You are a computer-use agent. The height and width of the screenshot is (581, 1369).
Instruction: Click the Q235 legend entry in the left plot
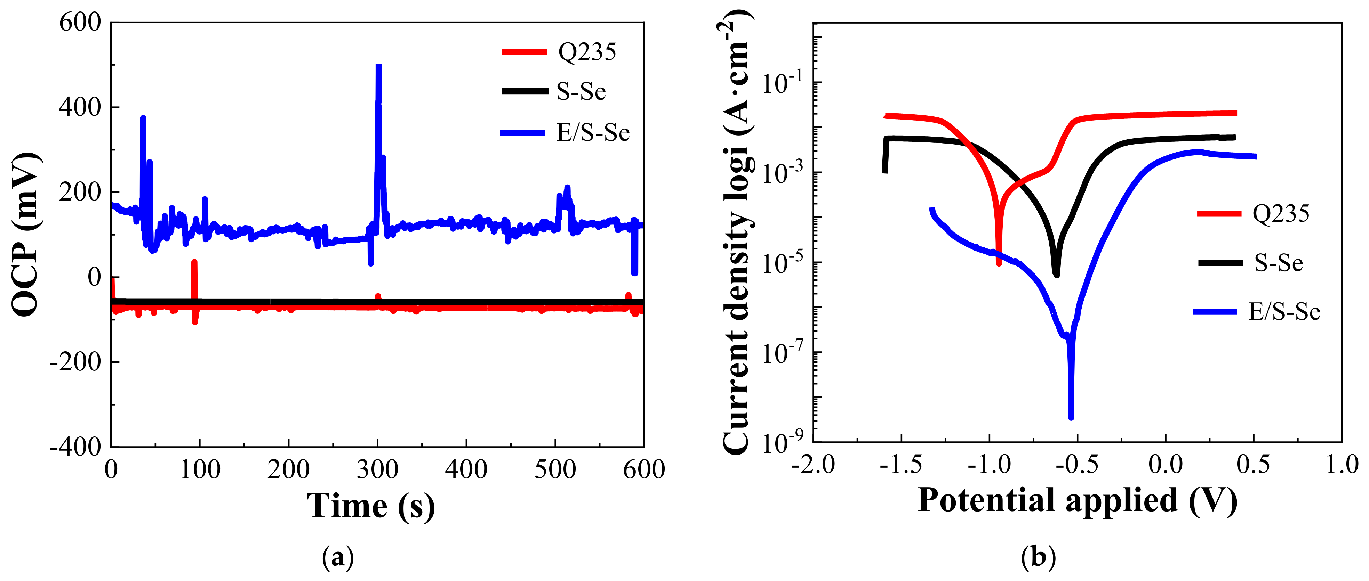pyautogui.click(x=587, y=52)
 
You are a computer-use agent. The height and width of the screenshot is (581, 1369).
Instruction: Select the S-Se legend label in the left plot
pyautogui.click(x=581, y=92)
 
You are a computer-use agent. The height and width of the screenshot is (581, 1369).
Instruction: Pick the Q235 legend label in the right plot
pyautogui.click(x=1281, y=213)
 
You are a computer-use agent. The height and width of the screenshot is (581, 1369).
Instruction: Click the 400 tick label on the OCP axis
pyautogui.click(x=80, y=107)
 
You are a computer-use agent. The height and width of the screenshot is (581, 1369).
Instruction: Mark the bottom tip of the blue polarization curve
pyautogui.click(x=1071, y=417)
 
